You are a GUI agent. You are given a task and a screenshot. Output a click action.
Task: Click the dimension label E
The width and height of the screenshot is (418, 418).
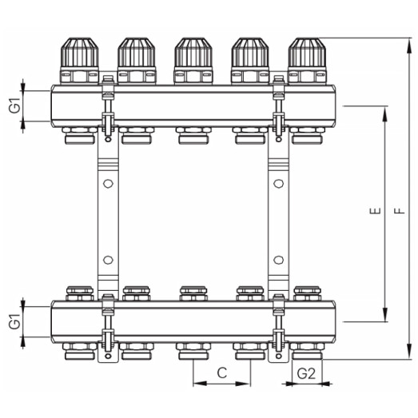pyautogui.click(x=373, y=213)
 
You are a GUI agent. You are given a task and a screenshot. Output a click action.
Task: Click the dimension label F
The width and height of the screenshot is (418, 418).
pyautogui.click(x=397, y=213)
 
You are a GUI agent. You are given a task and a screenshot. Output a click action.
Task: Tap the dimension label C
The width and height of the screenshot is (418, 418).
pyautogui.click(x=222, y=373)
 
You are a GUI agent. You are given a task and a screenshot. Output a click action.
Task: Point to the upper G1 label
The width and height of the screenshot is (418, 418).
pyautogui.click(x=14, y=105)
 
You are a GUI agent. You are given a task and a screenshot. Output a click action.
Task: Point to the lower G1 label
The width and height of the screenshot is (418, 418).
pyautogui.click(x=14, y=321)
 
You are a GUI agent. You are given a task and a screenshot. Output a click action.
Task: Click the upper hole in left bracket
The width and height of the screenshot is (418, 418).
pyautogui.click(x=106, y=184)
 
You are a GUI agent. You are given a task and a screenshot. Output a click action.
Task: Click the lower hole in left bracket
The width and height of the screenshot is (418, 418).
pyautogui.click(x=106, y=259)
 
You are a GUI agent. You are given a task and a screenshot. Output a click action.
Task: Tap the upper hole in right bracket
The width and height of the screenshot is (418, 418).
pyautogui.click(x=277, y=184)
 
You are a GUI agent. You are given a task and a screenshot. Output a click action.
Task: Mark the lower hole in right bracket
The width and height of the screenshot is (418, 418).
pyautogui.click(x=277, y=259)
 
